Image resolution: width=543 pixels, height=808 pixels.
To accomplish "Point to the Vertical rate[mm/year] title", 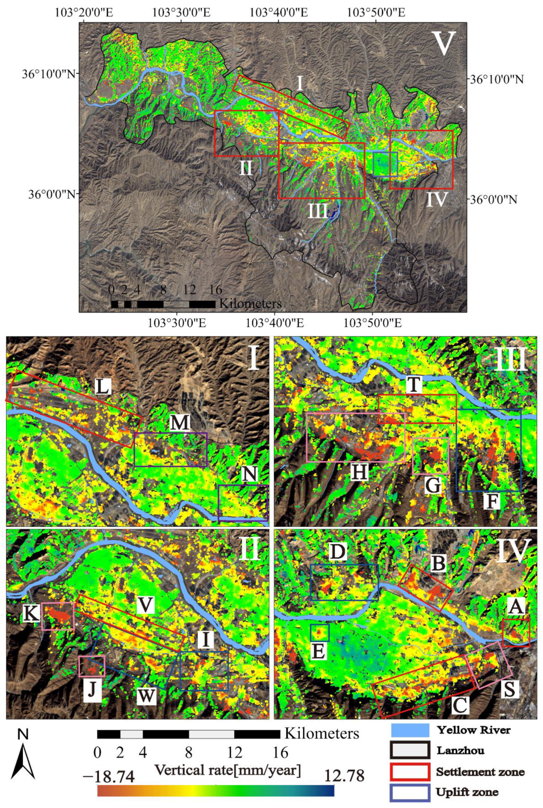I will coord(227,759).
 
